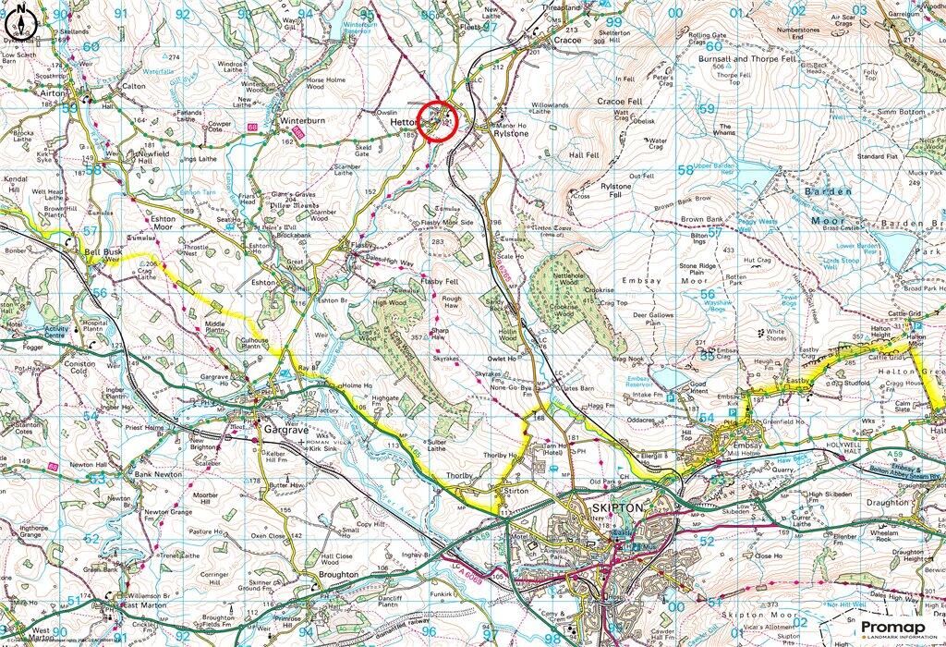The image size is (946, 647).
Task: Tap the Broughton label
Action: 337,574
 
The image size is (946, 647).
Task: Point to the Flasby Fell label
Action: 439,280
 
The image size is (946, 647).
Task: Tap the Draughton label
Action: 886,503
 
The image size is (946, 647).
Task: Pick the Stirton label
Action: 517,491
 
